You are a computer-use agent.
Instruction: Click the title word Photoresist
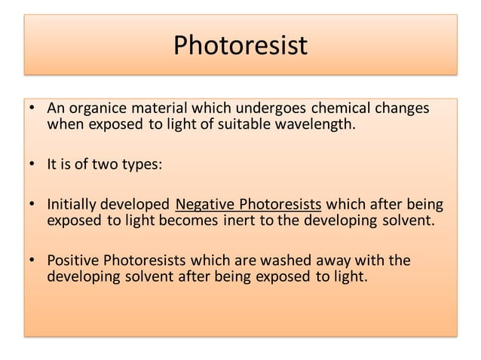(240, 46)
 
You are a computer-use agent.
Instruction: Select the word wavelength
(316, 124)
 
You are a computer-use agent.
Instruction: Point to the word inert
(241, 221)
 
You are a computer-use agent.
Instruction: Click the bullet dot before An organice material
(32, 108)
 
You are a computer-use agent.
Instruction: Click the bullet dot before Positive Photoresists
(32, 261)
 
